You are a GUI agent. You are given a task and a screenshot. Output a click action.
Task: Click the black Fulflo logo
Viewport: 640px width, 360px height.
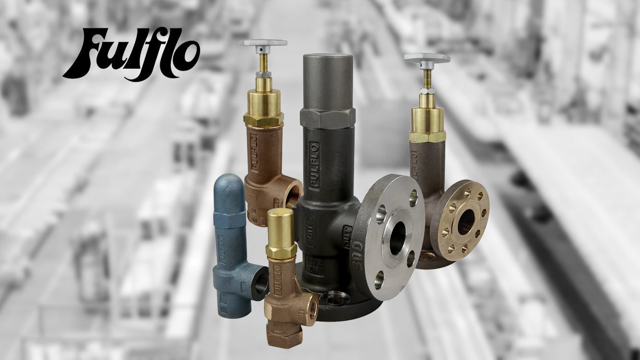click(131, 54)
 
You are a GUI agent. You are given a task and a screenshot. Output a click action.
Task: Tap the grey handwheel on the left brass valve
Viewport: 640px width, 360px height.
click(263, 43)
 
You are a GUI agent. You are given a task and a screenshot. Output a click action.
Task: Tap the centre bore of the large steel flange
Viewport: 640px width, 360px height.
click(397, 239)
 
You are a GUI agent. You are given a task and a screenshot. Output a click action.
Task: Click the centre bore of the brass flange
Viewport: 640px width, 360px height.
click(465, 222)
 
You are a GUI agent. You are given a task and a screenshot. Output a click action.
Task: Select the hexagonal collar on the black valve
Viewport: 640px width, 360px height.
click(328, 118)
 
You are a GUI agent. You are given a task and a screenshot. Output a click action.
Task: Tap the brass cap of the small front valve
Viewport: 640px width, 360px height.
click(281, 228)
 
